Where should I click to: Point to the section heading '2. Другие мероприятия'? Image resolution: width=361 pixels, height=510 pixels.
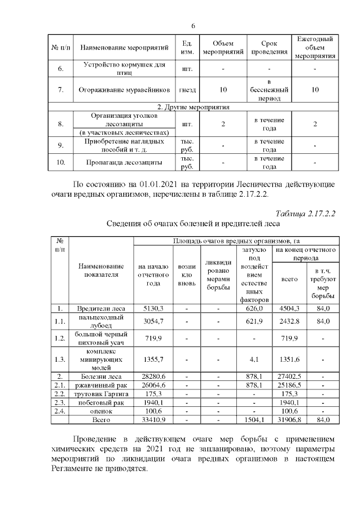(x=193, y=106)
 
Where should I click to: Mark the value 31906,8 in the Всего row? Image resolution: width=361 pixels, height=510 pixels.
(x=289, y=420)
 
